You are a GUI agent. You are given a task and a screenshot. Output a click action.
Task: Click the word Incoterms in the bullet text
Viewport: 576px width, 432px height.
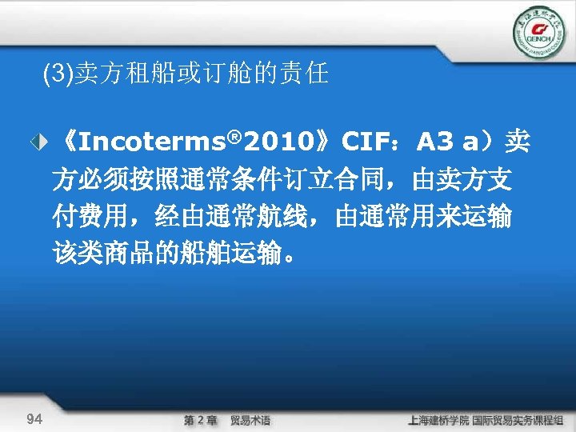pos(150,143)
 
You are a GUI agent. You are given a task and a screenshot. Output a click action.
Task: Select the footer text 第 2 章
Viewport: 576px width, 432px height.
pos(201,420)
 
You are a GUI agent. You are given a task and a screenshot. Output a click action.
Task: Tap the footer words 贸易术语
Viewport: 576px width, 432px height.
pos(250,420)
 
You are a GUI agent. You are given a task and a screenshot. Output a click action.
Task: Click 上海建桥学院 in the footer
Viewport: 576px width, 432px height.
pos(438,420)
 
